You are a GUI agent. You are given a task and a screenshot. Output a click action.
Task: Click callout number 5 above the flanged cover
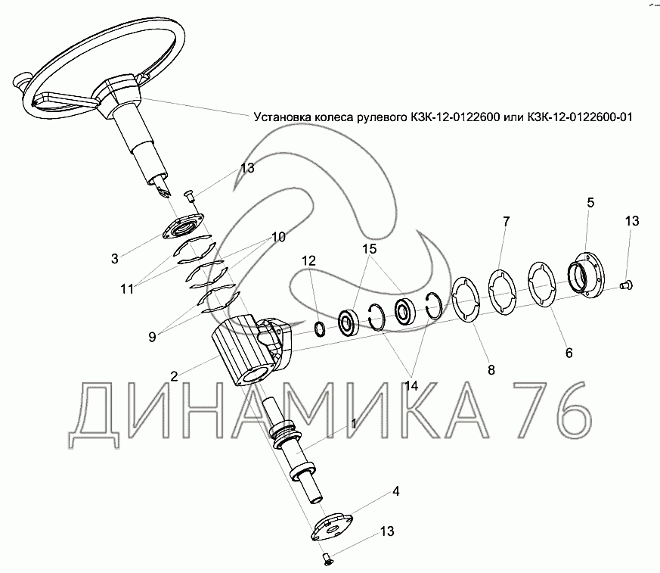(x=590, y=203)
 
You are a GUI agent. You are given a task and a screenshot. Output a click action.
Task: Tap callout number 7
(x=506, y=221)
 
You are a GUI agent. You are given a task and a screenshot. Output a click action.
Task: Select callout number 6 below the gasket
(x=569, y=353)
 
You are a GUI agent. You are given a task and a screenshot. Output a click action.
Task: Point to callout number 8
(x=491, y=370)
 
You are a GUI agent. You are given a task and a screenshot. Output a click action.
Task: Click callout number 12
(x=308, y=261)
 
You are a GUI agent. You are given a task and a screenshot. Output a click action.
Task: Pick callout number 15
(x=369, y=248)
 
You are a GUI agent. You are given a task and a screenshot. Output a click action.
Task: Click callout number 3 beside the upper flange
(x=114, y=258)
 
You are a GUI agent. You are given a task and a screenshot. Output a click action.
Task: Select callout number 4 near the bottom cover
(x=395, y=491)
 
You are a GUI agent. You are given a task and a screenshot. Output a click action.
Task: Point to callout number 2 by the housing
(x=174, y=376)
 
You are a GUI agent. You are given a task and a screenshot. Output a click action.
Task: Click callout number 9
(x=152, y=337)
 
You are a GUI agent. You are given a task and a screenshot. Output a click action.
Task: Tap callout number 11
(x=127, y=289)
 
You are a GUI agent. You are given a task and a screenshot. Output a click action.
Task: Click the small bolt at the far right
(x=627, y=285)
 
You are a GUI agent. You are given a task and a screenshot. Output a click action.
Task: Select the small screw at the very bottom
(x=327, y=559)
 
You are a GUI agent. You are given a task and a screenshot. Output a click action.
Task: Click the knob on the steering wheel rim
(x=20, y=80)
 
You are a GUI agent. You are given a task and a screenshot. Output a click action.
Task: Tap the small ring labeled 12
(x=320, y=329)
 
